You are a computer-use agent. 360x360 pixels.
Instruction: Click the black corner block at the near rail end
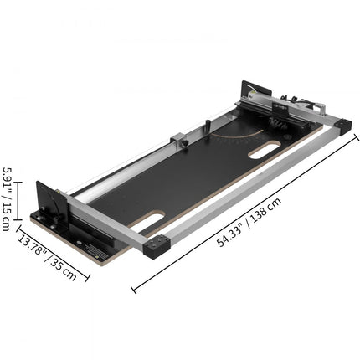coord(158,248)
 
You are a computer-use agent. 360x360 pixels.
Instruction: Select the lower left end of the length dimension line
coord(134,290)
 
